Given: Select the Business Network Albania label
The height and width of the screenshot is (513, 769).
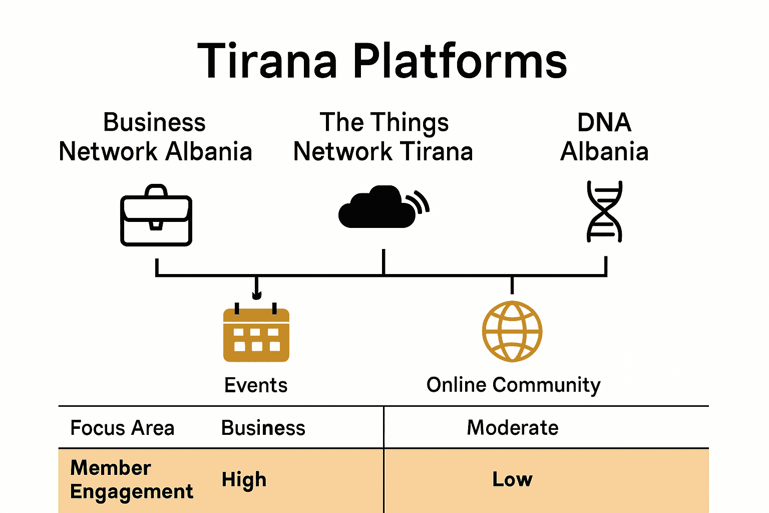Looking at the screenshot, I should [155, 137].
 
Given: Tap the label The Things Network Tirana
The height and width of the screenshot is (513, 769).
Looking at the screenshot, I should [383, 137].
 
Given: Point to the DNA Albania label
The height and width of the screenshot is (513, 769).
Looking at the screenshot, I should [604, 137].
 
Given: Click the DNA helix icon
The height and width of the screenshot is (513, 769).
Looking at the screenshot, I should [604, 211].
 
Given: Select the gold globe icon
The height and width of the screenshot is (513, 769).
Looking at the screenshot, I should [512, 331].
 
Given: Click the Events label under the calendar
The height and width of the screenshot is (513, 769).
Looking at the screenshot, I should [256, 385].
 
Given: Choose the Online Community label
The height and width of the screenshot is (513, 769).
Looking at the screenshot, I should [513, 385].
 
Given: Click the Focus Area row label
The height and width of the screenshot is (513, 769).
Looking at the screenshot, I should [122, 428].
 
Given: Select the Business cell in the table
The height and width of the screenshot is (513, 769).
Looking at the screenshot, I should [263, 428].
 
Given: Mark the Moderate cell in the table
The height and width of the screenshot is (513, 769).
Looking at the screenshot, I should [513, 428].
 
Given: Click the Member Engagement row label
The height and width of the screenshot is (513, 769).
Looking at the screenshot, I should [131, 480].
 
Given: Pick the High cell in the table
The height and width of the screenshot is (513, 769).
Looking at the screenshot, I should [244, 480].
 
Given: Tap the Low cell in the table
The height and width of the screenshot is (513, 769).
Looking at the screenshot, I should [512, 479].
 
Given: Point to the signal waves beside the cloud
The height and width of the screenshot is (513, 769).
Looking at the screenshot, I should [420, 203].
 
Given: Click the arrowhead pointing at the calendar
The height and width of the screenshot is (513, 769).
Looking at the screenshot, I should [257, 295].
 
